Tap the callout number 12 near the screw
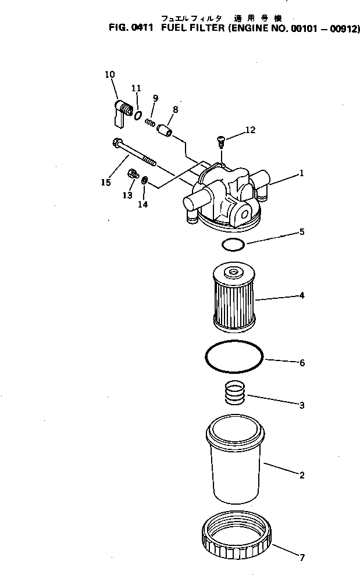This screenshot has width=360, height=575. [x=250, y=130]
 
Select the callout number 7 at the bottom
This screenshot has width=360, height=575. [x=301, y=558]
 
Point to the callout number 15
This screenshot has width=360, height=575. [x=105, y=183]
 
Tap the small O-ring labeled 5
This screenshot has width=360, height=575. [x=234, y=245]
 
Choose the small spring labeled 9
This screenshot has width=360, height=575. [x=150, y=123]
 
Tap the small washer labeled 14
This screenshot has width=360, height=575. [x=144, y=179]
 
